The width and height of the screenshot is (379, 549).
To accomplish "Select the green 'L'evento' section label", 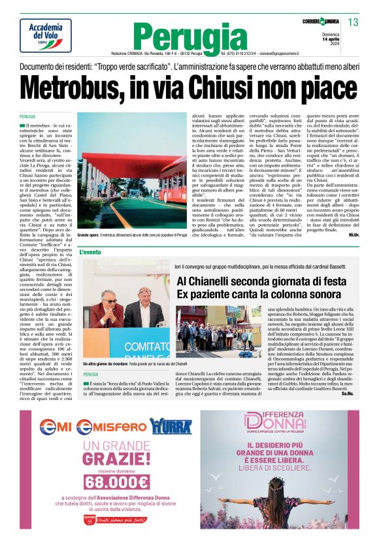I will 91,252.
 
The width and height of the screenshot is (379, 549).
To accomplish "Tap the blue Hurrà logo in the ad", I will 171,426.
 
